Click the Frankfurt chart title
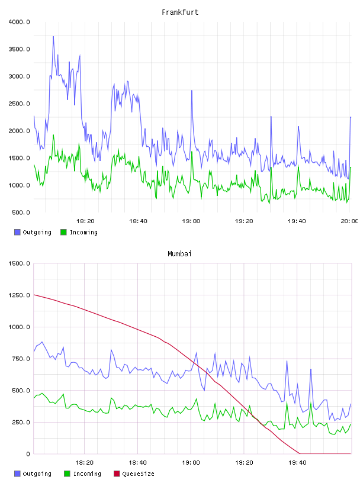tap(180, 12)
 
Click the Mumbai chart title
tap(179, 254)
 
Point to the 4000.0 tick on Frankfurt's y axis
tap(19, 22)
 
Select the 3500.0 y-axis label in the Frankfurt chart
tap(19, 49)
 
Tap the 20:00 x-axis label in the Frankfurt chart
tap(349, 221)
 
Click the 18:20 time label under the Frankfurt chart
tap(85, 221)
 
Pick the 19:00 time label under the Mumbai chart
tap(191, 463)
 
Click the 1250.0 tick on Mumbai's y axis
tap(19, 295)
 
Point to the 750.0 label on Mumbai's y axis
tap(21, 359)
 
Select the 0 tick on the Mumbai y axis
tap(28, 454)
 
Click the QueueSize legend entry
tap(134, 474)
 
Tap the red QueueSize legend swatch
tap(117, 474)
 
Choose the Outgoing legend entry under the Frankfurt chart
tap(33, 232)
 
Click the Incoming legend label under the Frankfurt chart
tap(83, 232)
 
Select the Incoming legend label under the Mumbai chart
tap(87, 474)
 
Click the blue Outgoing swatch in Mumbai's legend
tap(17, 474)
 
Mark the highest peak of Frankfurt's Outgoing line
tap(53, 36)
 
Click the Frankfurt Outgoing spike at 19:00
tap(192, 91)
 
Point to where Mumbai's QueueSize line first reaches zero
tap(300, 453)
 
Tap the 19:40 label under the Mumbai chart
tap(297, 463)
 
